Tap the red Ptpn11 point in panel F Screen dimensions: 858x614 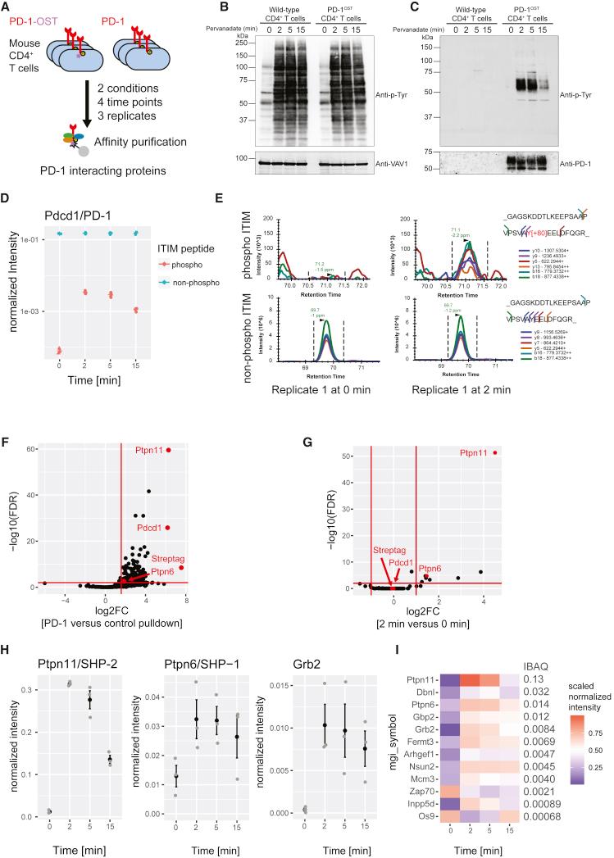169,450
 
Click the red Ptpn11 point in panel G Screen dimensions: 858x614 495,452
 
